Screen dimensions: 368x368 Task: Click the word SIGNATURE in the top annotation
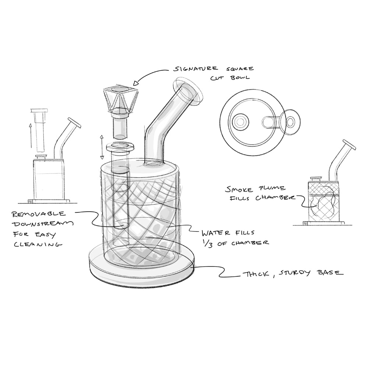(195, 69)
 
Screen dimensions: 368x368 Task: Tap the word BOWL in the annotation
(240, 78)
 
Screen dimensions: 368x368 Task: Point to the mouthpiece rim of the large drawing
(188, 91)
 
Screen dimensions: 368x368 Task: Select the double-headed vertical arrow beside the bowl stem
(102, 147)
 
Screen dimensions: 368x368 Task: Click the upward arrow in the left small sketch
(31, 136)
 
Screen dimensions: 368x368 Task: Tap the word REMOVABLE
(39, 214)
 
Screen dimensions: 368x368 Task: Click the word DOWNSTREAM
(43, 224)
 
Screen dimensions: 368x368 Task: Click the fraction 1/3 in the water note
(208, 244)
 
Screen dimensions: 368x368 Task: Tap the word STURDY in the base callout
(295, 273)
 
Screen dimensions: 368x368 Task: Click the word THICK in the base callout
(256, 274)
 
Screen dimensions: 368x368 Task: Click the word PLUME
(272, 188)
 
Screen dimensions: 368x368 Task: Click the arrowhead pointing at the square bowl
(136, 83)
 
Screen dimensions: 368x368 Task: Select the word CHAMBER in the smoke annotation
(275, 198)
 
